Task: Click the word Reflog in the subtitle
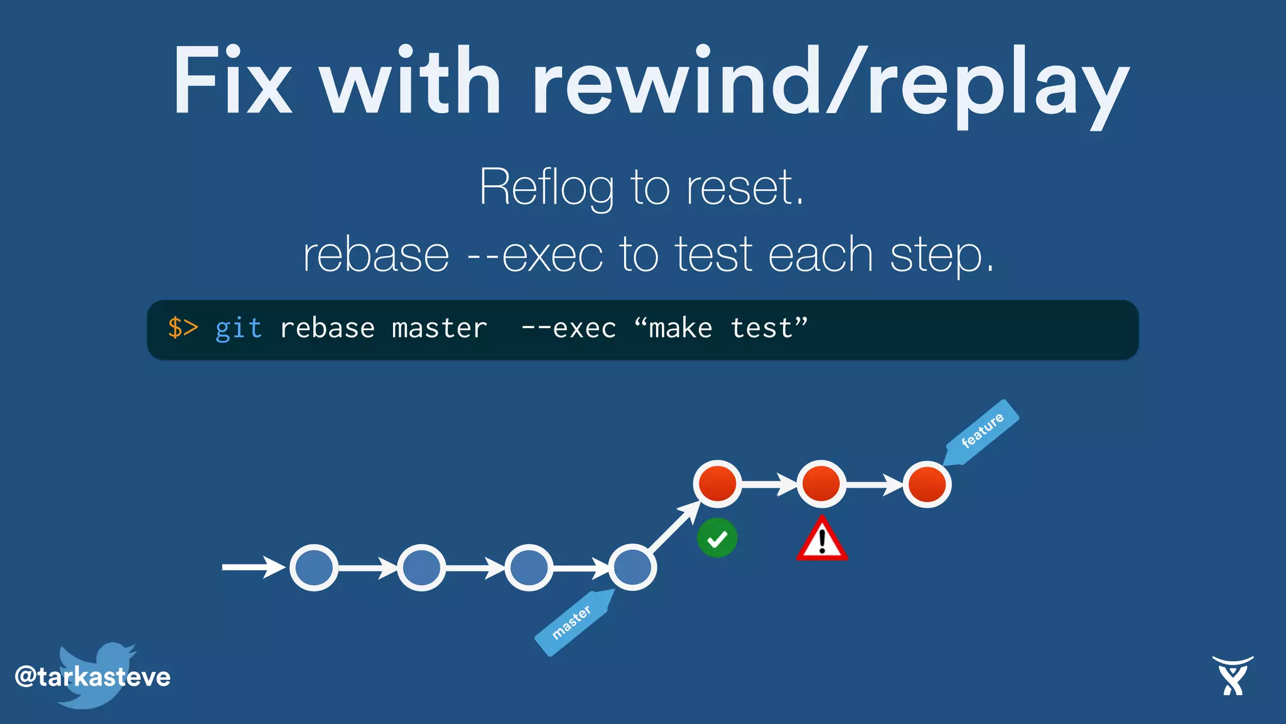[546, 187]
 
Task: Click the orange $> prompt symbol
[183, 328]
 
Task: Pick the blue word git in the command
[239, 329]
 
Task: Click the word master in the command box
[439, 329]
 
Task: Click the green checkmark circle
[717, 539]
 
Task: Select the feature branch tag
[981, 432]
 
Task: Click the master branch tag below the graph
[573, 622]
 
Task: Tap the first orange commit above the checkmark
[718, 484]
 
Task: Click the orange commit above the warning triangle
[821, 484]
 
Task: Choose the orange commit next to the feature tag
[927, 485]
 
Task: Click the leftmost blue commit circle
[314, 568]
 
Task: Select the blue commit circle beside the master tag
[632, 568]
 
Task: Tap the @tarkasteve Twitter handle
[93, 677]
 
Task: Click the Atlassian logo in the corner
[1233, 676]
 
